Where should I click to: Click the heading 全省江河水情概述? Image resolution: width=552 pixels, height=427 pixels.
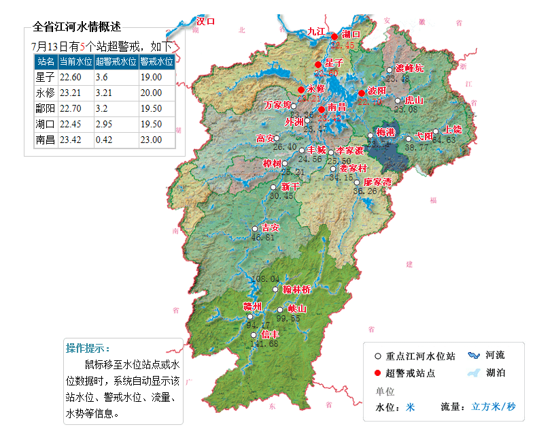(x=77, y=27)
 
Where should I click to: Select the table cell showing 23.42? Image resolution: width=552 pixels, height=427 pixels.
(x=71, y=140)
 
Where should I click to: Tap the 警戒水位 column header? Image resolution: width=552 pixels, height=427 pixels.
(x=156, y=61)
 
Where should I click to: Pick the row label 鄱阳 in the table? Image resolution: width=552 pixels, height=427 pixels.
(x=45, y=108)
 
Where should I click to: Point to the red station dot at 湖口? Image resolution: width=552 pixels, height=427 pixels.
(x=334, y=36)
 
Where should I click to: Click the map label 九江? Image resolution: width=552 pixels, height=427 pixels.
(x=316, y=31)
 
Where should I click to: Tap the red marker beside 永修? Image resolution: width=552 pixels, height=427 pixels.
(x=301, y=89)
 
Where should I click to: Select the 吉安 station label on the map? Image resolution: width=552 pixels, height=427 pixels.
(x=271, y=227)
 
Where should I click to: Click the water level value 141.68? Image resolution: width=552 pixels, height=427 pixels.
(x=264, y=344)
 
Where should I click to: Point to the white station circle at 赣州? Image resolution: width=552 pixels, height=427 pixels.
(x=250, y=317)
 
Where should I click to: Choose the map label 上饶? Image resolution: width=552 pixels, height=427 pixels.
(x=452, y=129)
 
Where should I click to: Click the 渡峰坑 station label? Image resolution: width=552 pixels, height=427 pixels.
(x=409, y=68)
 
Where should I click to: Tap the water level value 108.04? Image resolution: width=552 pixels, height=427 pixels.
(x=266, y=279)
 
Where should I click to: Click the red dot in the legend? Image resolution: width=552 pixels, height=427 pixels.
(x=377, y=372)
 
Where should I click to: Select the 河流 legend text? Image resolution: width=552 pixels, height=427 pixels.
(x=495, y=355)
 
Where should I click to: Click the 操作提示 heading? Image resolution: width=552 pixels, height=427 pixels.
(x=88, y=348)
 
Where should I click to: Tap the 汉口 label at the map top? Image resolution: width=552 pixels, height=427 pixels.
(x=205, y=21)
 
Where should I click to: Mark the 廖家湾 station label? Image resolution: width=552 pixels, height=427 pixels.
(x=378, y=182)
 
